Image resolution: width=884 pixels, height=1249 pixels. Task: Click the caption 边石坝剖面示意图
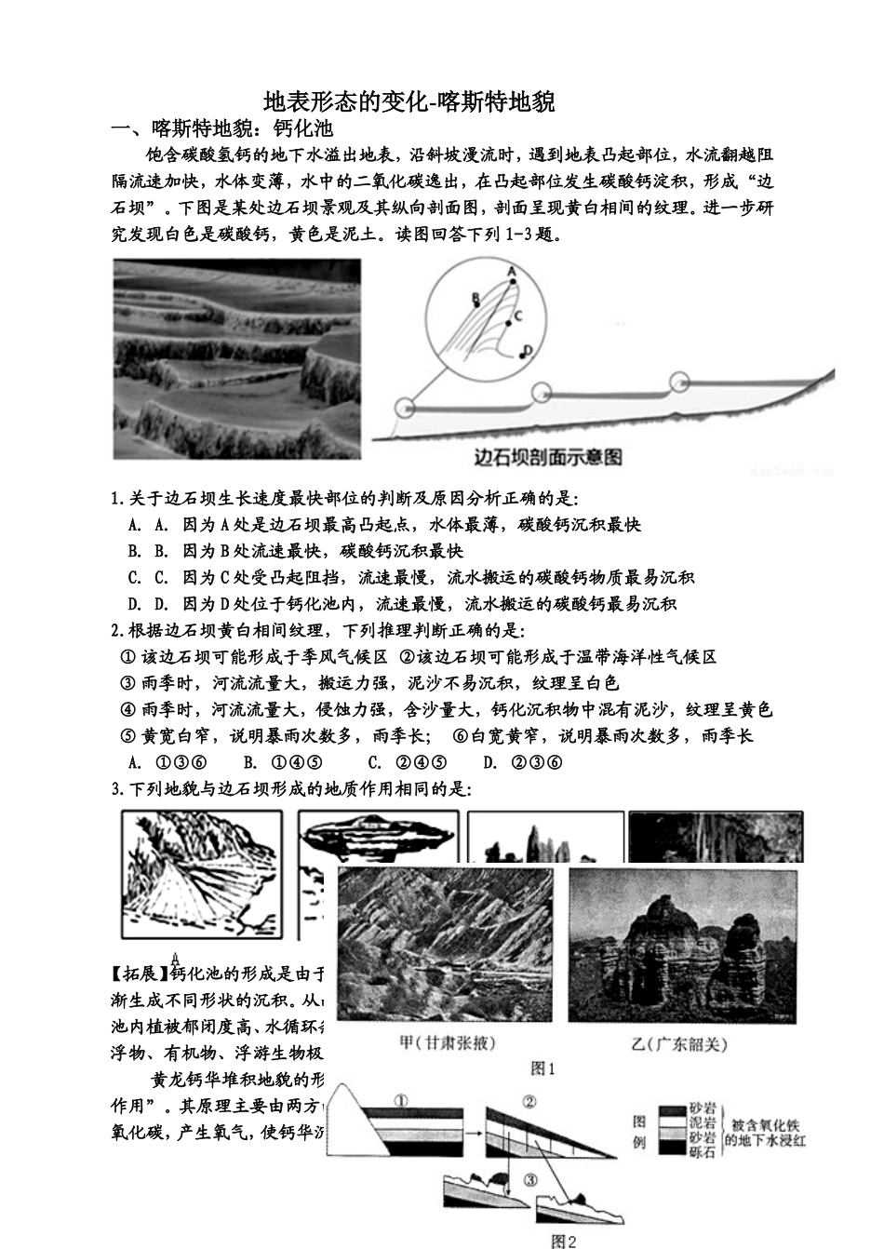[x=547, y=457]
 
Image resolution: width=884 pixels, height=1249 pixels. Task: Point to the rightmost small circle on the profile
[x=680, y=381]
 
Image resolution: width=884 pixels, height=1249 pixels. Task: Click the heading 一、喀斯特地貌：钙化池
[x=221, y=128]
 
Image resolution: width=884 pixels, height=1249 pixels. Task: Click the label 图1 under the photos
[x=542, y=1069]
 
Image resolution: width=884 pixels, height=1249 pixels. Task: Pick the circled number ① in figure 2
[x=401, y=1100]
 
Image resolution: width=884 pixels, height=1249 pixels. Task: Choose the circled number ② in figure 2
[x=529, y=1102]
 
